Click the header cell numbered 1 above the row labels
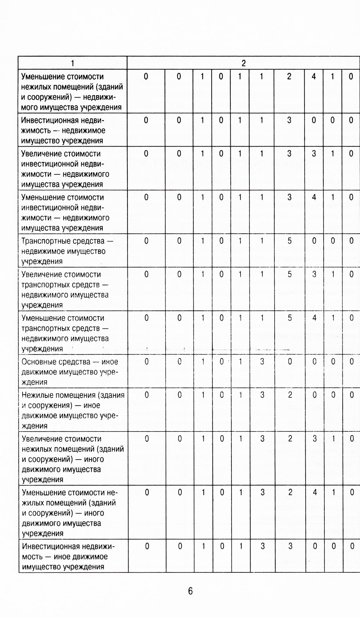(x=72, y=63)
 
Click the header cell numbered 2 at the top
(x=243, y=63)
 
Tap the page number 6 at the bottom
(x=190, y=591)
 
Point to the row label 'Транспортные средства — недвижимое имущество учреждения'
(x=67, y=251)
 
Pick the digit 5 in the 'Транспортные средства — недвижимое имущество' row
(x=289, y=241)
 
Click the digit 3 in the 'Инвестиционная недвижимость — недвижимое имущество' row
(x=289, y=120)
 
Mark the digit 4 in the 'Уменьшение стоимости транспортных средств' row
(x=314, y=318)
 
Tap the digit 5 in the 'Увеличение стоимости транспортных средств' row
(x=289, y=274)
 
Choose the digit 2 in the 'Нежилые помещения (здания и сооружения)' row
(x=290, y=395)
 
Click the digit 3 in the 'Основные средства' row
(x=262, y=362)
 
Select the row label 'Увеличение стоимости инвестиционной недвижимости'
(x=65, y=169)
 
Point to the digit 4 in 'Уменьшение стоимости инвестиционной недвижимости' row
(x=314, y=197)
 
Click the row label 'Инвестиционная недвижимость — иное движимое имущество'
(x=68, y=556)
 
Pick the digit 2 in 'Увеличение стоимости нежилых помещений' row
(x=290, y=439)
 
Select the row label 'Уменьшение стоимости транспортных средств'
(x=65, y=333)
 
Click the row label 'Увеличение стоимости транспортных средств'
(x=65, y=290)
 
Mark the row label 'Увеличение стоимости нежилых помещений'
(x=72, y=459)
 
